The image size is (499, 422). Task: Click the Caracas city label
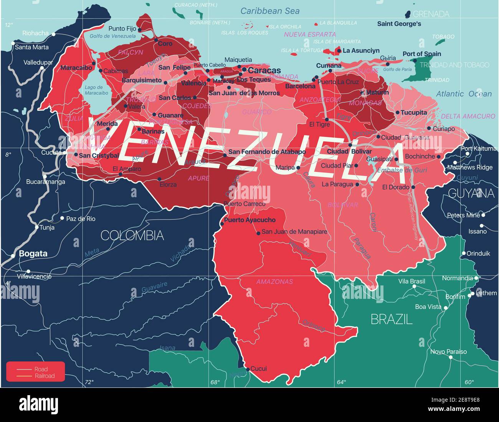[x=265, y=71]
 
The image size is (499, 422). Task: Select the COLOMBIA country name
[x=132, y=235]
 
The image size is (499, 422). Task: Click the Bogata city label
[x=33, y=254]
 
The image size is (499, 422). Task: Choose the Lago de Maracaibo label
[x=96, y=91]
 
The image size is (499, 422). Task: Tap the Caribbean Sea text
[x=270, y=11]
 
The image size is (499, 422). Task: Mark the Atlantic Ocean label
[x=464, y=94]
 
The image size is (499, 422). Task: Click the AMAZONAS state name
[x=274, y=282]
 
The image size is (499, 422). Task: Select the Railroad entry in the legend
[x=45, y=376]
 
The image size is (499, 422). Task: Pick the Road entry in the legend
[x=41, y=369]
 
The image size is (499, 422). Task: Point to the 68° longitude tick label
[x=215, y=382]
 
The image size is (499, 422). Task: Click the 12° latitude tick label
[x=8, y=25]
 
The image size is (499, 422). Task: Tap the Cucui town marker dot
[x=248, y=369]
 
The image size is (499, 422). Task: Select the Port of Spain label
[x=421, y=54]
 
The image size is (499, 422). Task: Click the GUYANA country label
[x=471, y=193]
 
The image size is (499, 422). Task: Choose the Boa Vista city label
[x=428, y=307]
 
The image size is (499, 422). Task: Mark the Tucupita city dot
[x=397, y=113]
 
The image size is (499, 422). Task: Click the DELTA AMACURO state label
[x=468, y=116]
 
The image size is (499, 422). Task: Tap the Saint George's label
[x=399, y=24]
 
